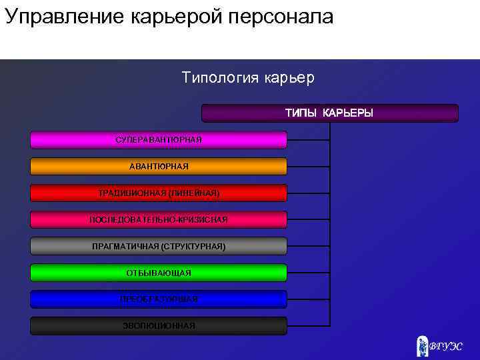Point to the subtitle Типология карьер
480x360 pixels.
pyautogui.click(x=247, y=78)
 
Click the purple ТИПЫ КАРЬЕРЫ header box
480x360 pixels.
pyautogui.click(x=329, y=113)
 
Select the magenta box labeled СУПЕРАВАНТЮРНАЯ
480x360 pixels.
pyautogui.click(x=159, y=139)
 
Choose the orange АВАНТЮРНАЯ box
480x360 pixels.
pyautogui.click(x=159, y=166)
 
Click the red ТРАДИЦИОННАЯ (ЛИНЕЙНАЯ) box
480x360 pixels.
pyautogui.click(x=159, y=193)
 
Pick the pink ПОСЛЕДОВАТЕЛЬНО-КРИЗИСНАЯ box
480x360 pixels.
pyautogui.click(x=159, y=219)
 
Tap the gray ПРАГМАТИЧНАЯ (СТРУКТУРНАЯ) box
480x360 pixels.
pyautogui.click(x=159, y=246)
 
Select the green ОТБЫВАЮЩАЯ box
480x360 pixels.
pyautogui.click(x=159, y=273)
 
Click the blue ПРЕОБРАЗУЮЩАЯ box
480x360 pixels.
pyautogui.click(x=159, y=299)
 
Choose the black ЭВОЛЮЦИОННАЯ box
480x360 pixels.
pyautogui.click(x=159, y=325)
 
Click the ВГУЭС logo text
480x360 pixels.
pyautogui.click(x=445, y=347)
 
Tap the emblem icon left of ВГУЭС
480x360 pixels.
pyautogui.click(x=421, y=345)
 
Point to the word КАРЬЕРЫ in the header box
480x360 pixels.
pyautogui.click(x=348, y=113)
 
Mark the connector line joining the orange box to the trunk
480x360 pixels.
pyautogui.click(x=308, y=166)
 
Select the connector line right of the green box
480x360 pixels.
pyautogui.click(x=308, y=273)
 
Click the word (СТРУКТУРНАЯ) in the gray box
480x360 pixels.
pyautogui.click(x=193, y=246)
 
